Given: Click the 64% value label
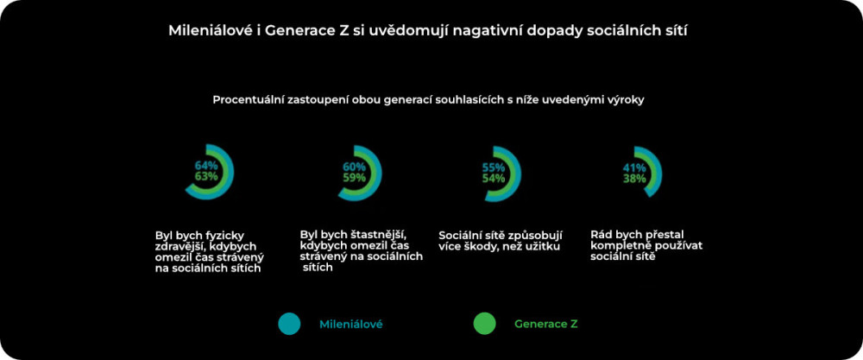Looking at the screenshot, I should pyautogui.click(x=206, y=165).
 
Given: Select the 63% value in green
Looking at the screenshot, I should pyautogui.click(x=206, y=176).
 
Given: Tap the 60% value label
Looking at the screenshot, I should pyautogui.click(x=355, y=167).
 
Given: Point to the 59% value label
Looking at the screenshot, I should pyautogui.click(x=355, y=178).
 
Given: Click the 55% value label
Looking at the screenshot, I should pyautogui.click(x=494, y=167).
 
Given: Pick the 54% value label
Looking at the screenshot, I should pyautogui.click(x=494, y=179).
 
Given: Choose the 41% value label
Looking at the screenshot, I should pyautogui.click(x=634, y=167).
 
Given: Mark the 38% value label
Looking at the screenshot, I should pyautogui.click(x=634, y=179).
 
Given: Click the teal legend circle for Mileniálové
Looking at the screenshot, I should pyautogui.click(x=289, y=324).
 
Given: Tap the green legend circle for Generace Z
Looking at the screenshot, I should pyautogui.click(x=484, y=324).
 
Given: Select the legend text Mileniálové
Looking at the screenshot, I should pyautogui.click(x=351, y=324).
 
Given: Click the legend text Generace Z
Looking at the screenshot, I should pyautogui.click(x=546, y=324).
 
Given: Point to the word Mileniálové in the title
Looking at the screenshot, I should pyautogui.click(x=208, y=30).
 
